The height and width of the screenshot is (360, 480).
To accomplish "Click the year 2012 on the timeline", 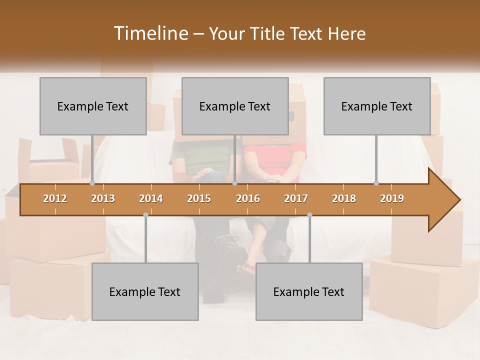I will click(55, 198).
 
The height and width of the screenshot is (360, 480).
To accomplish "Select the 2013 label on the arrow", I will click(103, 198).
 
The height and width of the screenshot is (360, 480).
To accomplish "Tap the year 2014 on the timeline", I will click(151, 198).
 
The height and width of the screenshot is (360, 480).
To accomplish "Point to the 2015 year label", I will click(199, 198).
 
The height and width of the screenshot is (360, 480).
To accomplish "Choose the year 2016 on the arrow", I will click(248, 198).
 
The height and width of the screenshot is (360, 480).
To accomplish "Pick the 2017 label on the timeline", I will click(296, 198).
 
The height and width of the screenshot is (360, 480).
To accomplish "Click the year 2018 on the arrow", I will click(344, 198).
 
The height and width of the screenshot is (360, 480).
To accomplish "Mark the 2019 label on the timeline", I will click(392, 198).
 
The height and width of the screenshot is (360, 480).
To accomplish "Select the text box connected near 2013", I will click(93, 106).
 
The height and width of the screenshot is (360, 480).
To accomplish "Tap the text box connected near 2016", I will click(235, 106).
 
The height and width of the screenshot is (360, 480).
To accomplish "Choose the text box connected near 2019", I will click(377, 106).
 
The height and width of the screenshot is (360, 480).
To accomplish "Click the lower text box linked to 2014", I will click(145, 291).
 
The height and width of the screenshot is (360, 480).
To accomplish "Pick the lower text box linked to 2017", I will click(309, 291).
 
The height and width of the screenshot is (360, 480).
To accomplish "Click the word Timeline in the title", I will click(150, 33).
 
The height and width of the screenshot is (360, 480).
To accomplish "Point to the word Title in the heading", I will click(270, 34).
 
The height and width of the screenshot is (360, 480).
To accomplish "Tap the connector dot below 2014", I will click(145, 215).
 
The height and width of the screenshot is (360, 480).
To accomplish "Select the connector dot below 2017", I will click(309, 215).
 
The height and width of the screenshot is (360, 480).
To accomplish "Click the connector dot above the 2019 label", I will click(376, 183).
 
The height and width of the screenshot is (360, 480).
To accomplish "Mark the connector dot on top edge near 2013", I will click(92, 183).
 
